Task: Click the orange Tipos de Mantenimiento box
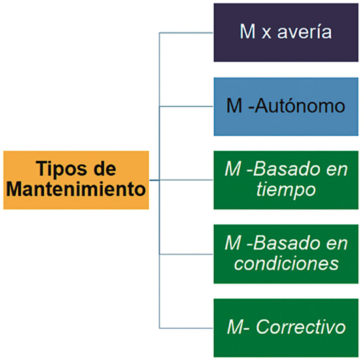coord(76,180)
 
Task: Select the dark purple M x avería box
coord(286,32)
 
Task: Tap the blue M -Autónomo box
coord(286,107)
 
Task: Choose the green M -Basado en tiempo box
coord(286,180)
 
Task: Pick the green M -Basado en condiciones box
coord(286,254)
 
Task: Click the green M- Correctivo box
coord(286,328)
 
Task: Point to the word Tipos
coord(61,170)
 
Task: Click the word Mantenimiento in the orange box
coord(76,189)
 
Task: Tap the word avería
coord(304,32)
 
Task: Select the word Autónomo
coord(300,106)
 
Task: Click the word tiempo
coord(286,190)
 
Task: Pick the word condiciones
coord(286,264)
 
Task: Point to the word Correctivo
coord(301,327)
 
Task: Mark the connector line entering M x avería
coord(186,33)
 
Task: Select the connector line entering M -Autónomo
coord(186,107)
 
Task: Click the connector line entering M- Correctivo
coord(186,328)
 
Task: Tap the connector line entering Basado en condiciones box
coord(186,254)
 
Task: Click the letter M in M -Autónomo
coord(234,106)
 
